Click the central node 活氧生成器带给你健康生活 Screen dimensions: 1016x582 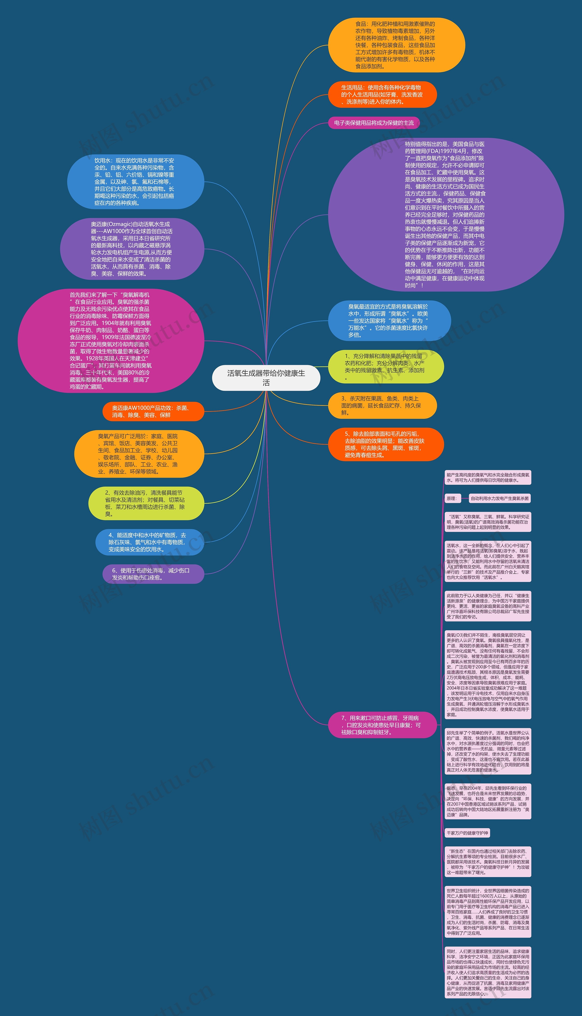tap(266, 378)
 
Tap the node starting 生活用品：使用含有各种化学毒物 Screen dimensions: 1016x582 tap(382, 95)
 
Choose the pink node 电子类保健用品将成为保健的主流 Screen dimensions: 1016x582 tap(374, 123)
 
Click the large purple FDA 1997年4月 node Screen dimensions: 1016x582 tap(446, 215)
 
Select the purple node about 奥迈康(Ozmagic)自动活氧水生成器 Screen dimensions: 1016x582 tap(132, 249)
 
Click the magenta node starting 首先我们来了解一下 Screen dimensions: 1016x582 tap(111, 341)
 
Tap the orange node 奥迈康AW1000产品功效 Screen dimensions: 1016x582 tap(153, 411)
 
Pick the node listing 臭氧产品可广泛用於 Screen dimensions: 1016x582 tap(139, 454)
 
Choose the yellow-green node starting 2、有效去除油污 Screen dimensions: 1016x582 tap(146, 503)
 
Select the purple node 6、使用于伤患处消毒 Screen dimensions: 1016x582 tap(153, 574)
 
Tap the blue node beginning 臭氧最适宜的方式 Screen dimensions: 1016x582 tap(389, 321)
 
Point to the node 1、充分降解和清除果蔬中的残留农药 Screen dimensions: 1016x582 tap(386, 366)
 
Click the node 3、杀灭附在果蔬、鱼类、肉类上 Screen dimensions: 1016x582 tap(382, 405)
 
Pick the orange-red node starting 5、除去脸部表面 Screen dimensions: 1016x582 tap(386, 444)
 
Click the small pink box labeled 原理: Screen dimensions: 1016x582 tap(452, 498)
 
